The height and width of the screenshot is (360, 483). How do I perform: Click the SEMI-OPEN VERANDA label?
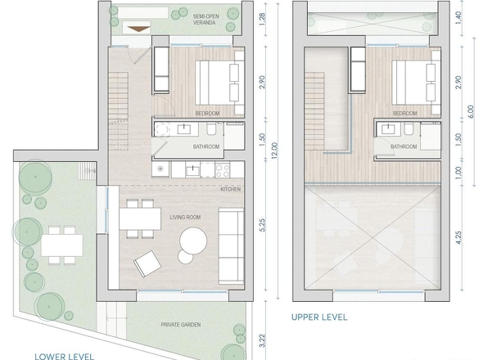pos(204,19)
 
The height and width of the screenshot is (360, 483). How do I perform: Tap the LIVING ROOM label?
pos(185,218)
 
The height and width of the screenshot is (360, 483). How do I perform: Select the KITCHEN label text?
pos(230,189)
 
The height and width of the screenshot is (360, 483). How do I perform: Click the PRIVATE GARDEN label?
pos(181,325)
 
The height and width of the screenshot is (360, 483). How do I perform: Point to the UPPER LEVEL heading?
pos(319,317)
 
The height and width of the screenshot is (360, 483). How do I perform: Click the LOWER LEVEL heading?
pos(64,356)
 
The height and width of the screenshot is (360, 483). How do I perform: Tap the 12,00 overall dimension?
pos(275,151)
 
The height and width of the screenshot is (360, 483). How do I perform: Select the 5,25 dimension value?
pos(262,226)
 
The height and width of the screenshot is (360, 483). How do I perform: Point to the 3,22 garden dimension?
pos(262,340)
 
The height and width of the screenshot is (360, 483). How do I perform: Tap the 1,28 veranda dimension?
pos(262,20)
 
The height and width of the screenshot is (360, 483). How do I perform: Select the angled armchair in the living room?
pos(147,264)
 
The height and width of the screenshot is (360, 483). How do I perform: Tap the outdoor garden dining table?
pos(62,245)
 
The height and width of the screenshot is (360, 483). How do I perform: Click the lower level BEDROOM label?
pos(208,114)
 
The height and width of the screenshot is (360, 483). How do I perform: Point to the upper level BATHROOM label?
pos(404,146)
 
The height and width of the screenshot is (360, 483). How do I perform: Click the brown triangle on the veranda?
pos(139,29)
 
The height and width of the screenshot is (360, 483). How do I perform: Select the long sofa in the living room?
pos(232,246)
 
